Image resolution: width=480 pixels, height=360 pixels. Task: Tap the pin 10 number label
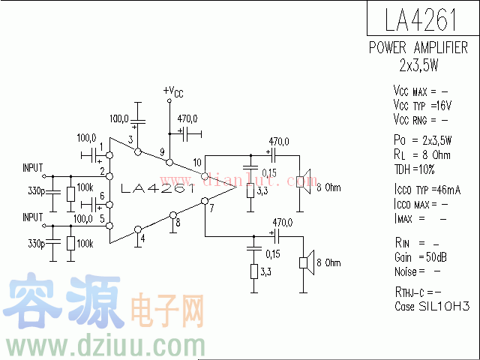pyautogui.click(x=197, y=163)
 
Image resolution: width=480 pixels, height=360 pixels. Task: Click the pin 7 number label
pyautogui.click(x=212, y=208)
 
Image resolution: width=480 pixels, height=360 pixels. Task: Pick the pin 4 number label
pyautogui.click(x=142, y=241)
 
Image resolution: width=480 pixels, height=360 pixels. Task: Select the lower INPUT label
pyautogui.click(x=33, y=216)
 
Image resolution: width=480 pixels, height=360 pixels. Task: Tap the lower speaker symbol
pyautogui.click(x=304, y=262)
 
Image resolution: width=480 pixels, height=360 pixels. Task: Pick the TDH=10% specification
pyautogui.click(x=416, y=169)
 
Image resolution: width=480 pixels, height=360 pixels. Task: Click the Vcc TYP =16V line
pyautogui.click(x=421, y=106)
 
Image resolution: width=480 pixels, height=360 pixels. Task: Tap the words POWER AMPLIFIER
pyautogui.click(x=418, y=47)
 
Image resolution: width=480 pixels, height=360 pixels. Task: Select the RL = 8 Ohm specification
pyautogui.click(x=422, y=154)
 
